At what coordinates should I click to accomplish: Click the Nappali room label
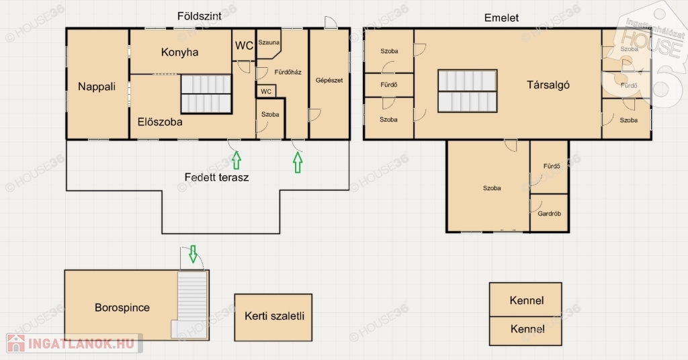point(97,87)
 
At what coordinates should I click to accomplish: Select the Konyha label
point(179,52)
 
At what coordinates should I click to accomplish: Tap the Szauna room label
point(269,42)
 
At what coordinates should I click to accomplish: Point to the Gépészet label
point(329,80)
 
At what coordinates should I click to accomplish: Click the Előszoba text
point(160,122)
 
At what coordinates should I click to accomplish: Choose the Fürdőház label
point(288,72)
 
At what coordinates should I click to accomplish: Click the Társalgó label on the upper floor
point(548,85)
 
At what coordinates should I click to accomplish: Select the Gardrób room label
point(549,214)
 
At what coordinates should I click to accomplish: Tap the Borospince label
point(122,308)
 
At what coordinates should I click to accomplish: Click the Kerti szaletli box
point(273,318)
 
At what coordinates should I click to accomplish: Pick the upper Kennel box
point(525,300)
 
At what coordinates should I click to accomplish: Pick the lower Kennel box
point(525,331)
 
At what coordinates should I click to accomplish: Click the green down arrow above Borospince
point(193,254)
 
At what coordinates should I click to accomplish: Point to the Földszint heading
point(199,16)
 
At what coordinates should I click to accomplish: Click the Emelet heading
point(501,18)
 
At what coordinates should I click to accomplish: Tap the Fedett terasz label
point(216,177)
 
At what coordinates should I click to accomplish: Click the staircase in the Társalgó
point(468,91)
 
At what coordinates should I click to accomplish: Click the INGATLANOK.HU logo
point(74,343)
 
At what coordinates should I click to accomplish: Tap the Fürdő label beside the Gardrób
point(552,166)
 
